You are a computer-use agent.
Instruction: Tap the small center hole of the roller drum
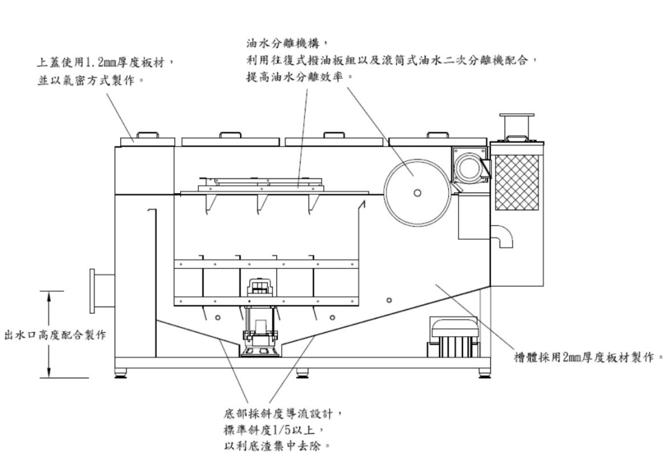(417, 193)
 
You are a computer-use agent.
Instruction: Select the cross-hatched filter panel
(517, 182)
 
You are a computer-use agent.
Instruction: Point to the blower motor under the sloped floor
(453, 337)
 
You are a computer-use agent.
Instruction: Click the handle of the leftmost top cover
(148, 134)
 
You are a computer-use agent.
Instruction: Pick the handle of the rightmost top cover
(438, 135)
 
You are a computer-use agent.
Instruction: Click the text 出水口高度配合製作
(55, 335)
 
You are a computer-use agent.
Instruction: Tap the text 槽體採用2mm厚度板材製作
(588, 357)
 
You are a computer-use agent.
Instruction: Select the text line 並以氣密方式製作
(90, 80)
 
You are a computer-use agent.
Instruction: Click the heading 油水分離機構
(287, 44)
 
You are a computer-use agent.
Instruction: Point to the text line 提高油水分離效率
(300, 77)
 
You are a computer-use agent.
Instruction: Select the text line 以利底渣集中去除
(277, 447)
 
